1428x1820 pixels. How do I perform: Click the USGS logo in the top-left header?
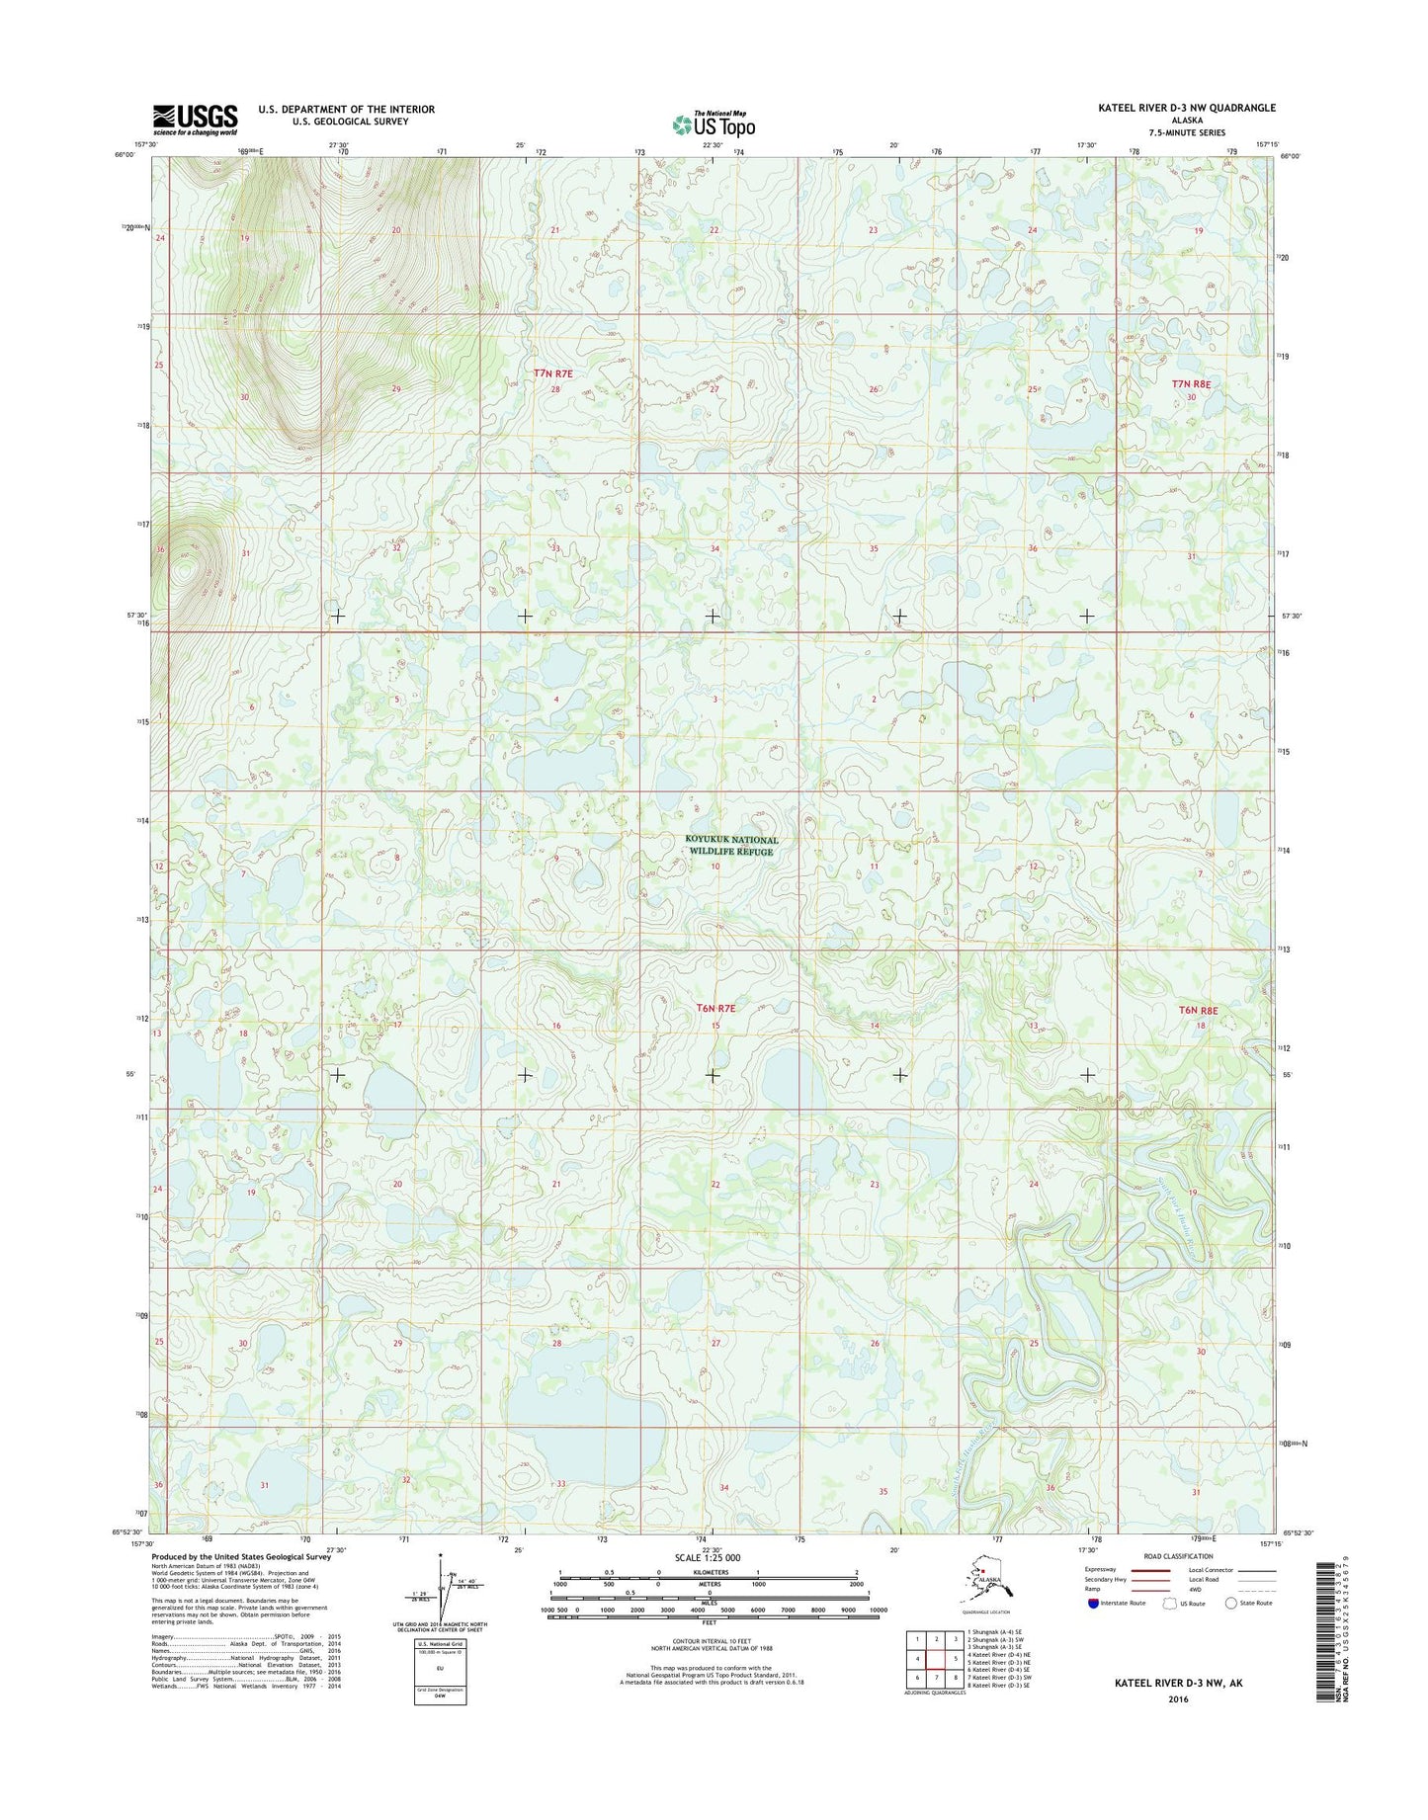click(x=195, y=119)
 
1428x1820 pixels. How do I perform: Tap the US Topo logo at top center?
click(x=714, y=124)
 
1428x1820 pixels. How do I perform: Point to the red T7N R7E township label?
click(x=553, y=373)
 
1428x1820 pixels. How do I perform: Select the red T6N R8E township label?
click(x=1199, y=1011)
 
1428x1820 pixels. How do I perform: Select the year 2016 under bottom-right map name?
click(x=1178, y=1699)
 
